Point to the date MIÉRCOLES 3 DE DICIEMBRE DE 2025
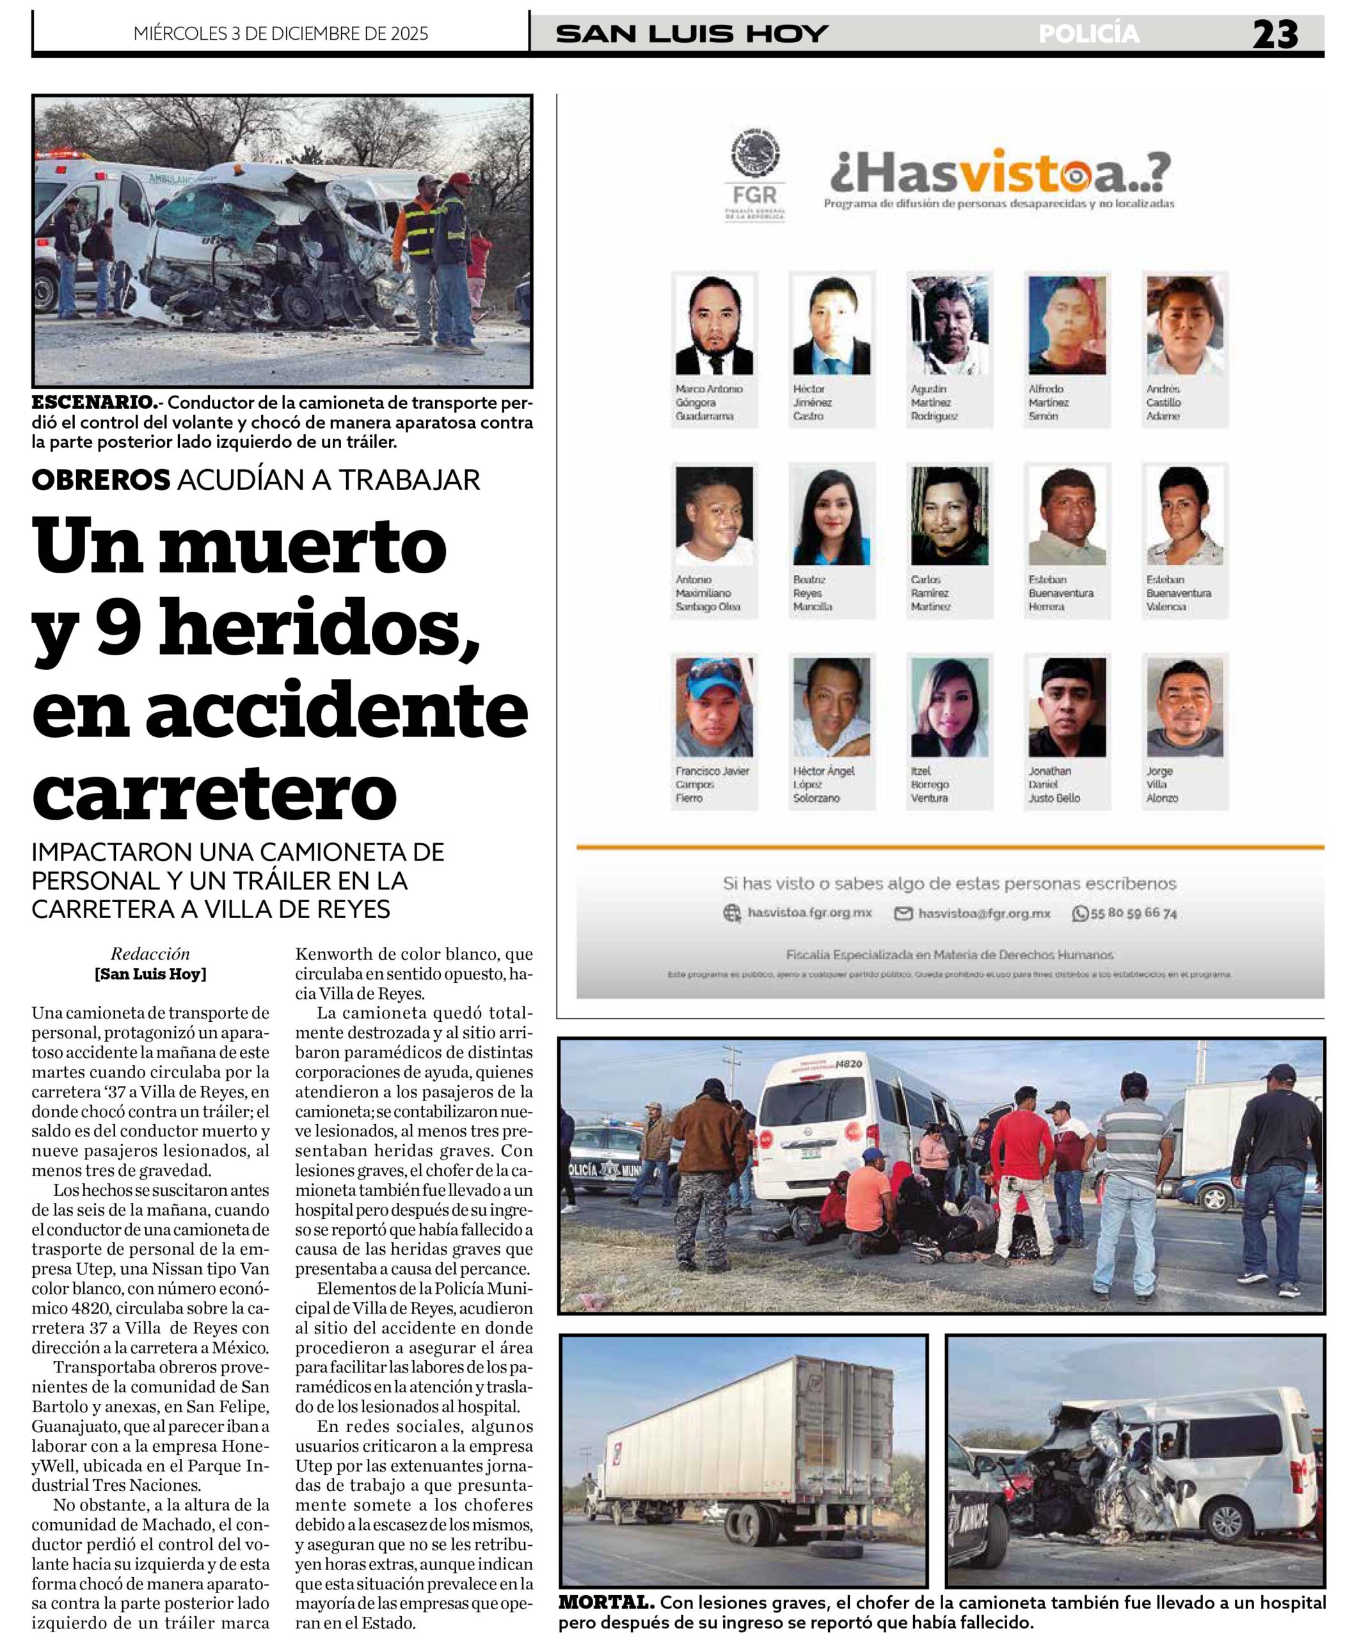[281, 33]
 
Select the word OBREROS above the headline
[100, 480]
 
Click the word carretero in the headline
[214, 791]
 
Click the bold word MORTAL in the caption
[605, 1603]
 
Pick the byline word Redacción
[150, 953]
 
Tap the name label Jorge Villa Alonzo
[1161, 784]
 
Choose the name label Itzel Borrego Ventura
[929, 784]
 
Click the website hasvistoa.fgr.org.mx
[809, 912]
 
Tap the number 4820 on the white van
[848, 1064]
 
